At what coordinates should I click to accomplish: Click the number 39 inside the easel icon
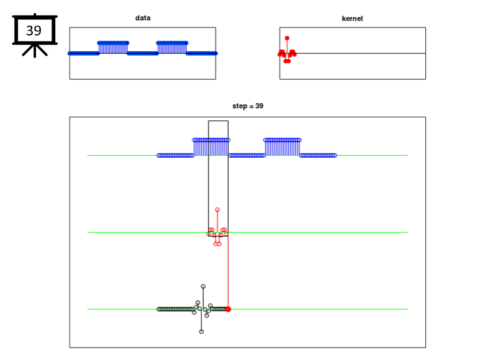[34, 30]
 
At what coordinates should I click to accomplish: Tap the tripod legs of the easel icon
[35, 51]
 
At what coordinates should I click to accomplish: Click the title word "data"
[143, 18]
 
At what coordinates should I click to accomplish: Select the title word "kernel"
[352, 18]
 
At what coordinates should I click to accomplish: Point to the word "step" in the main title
[239, 106]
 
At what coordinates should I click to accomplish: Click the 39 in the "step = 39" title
[260, 106]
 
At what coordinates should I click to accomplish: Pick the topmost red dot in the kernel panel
[287, 38]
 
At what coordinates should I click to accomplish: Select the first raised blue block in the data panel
[113, 48]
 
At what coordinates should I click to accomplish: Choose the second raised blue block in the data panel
[172, 48]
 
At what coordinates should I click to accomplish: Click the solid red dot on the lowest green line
[228, 309]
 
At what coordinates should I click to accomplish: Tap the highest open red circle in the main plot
[218, 210]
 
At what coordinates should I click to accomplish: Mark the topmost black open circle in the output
[203, 286]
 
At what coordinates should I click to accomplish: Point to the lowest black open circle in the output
[201, 332]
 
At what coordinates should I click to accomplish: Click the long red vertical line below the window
[228, 272]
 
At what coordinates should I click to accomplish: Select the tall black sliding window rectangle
[208, 178]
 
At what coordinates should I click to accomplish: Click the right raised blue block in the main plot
[282, 147]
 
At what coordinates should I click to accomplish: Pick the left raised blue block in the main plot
[211, 147]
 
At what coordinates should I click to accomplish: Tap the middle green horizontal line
[248, 232]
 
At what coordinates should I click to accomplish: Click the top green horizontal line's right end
[408, 155]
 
